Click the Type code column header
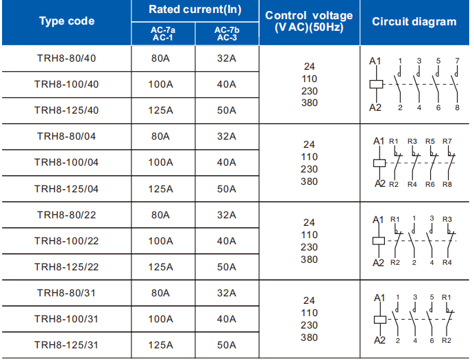[67, 21]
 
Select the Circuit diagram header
[414, 21]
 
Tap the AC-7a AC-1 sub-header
[163, 34]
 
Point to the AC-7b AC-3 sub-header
[227, 34]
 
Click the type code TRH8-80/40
[66, 58]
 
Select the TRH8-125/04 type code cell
[66, 189]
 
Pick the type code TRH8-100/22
[66, 241]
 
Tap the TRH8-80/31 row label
[66, 293]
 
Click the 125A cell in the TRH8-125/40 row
[160, 110]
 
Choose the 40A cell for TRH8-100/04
[227, 162]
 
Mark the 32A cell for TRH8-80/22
[227, 215]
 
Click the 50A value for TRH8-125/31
[227, 345]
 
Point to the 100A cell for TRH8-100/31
[160, 319]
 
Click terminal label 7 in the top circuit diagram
[458, 61]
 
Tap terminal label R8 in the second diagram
[447, 184]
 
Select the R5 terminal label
[430, 141]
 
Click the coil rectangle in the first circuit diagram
[376, 84]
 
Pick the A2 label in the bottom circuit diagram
[379, 340]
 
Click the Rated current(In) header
[195, 10]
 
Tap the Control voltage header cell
[309, 21]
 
